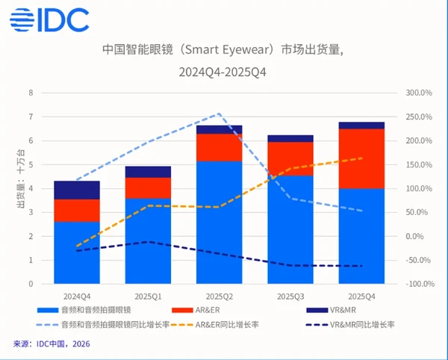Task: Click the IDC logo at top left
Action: pos(50,19)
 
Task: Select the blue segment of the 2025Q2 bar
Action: pos(219,222)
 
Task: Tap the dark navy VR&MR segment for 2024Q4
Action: pos(77,190)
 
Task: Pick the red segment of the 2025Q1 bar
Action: pos(148,187)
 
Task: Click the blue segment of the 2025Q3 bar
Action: pos(290,229)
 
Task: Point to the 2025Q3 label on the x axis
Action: pos(290,297)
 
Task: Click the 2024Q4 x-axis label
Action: pos(77,297)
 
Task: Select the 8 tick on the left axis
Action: pos(31,93)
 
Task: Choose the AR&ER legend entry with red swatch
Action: pos(198,309)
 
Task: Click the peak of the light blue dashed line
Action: pos(219,114)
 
